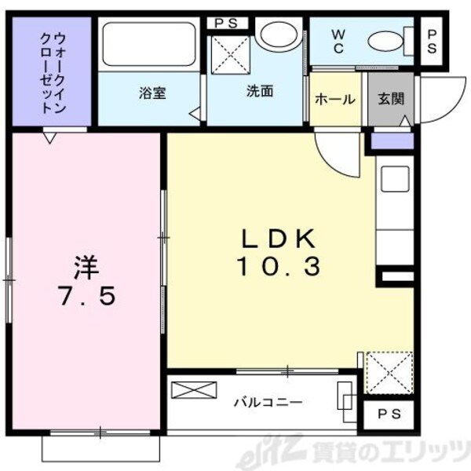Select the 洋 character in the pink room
pyautogui.click(x=86, y=268)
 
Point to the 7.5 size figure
pyautogui.click(x=86, y=297)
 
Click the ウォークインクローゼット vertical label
pyautogui.click(x=51, y=71)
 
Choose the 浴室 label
pyautogui.click(x=152, y=91)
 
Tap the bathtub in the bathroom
pyautogui.click(x=149, y=47)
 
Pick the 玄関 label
pyautogui.click(x=389, y=100)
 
